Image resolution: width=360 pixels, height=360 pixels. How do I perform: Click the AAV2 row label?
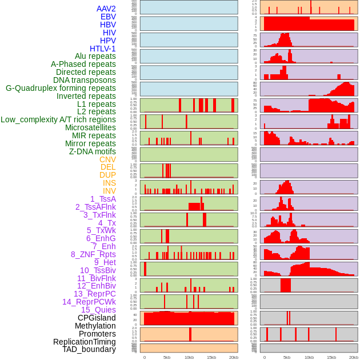106,9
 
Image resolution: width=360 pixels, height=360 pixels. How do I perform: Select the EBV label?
108,17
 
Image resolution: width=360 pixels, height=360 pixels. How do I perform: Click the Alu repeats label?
95,57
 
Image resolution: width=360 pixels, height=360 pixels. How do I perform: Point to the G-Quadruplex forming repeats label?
61,88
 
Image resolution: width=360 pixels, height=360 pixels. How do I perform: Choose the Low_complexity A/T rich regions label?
58,119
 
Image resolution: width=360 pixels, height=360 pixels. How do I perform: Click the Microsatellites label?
90,127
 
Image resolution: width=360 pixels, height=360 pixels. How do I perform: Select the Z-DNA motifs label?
92,151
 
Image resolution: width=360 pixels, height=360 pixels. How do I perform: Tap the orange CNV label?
107,159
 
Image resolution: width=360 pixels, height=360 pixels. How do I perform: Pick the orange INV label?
109,191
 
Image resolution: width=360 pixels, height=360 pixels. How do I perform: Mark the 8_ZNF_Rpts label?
93,254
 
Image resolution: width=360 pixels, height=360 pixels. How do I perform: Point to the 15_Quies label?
98,310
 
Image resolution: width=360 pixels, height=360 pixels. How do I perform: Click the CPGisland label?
97,318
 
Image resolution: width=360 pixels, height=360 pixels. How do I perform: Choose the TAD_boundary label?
89,349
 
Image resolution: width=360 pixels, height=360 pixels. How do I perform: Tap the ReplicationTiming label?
85,342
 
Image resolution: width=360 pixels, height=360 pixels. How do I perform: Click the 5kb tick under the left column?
167,357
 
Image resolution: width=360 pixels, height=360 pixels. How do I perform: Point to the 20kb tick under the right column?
353,357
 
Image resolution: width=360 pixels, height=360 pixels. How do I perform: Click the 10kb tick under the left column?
189,357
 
